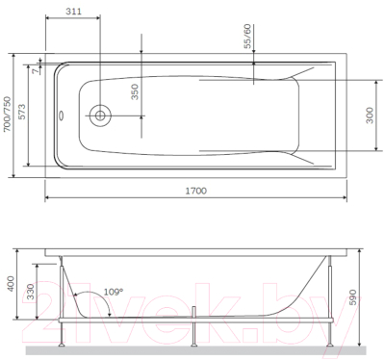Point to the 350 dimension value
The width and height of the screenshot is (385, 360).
[136, 92]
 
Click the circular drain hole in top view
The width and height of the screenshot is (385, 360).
[101, 116]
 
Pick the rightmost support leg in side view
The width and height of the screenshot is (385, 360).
[332, 327]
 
